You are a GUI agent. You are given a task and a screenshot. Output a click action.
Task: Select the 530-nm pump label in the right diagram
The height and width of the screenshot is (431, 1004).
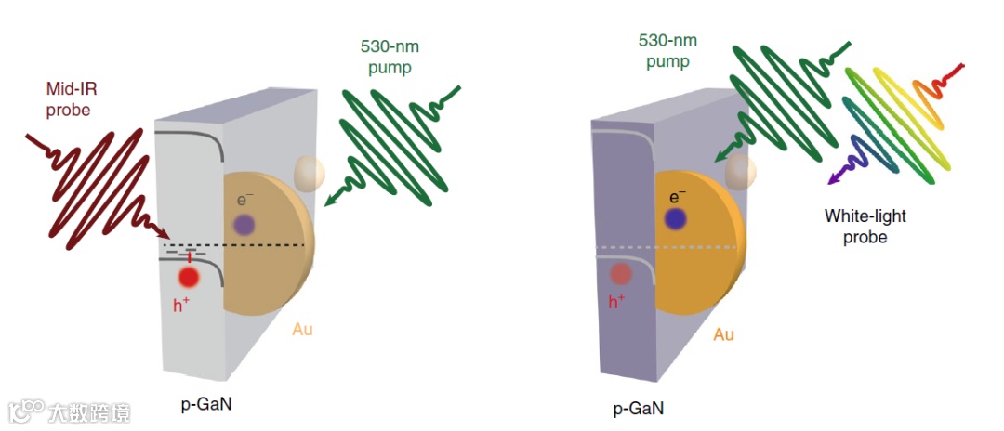[665, 51]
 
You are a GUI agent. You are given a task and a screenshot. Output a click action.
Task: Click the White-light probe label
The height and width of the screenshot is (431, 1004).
[865, 227]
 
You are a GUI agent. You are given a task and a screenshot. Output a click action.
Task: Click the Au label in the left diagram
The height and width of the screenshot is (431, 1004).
[303, 330]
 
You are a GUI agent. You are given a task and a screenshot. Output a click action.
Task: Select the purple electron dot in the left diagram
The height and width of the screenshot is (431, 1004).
[244, 224]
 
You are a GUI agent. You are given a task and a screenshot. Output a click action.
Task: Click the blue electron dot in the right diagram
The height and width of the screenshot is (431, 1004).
[676, 218]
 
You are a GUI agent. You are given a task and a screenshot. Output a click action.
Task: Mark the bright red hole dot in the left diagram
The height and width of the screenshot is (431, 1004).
[189, 277]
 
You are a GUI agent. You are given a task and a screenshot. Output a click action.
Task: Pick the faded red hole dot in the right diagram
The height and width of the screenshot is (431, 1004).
[621, 274]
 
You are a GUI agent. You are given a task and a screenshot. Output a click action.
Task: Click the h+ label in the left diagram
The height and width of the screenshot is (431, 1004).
[182, 303]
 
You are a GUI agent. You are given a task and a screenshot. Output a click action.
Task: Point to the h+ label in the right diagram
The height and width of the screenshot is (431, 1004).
[616, 301]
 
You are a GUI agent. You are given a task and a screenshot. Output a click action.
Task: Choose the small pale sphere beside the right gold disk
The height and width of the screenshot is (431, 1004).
[741, 170]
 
